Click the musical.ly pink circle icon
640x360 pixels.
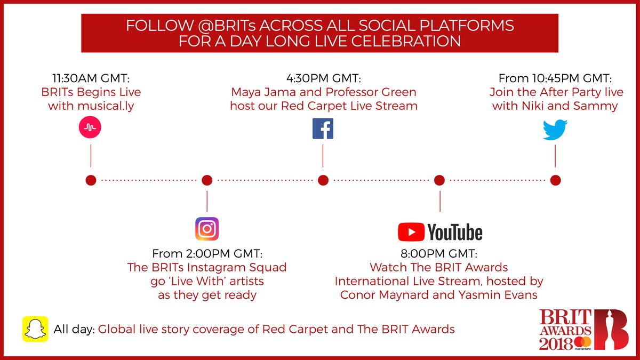[90, 127]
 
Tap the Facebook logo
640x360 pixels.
[323, 129]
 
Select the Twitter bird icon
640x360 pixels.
[555, 130]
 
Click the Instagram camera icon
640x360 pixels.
[207, 229]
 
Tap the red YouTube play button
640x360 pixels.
[411, 232]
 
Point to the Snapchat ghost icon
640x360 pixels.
[35, 329]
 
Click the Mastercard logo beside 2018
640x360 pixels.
[583, 343]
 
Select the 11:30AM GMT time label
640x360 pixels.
[91, 78]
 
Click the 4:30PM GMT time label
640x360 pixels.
[324, 78]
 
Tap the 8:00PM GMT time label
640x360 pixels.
[439, 253]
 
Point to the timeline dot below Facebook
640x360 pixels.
[323, 180]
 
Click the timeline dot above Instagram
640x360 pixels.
[207, 180]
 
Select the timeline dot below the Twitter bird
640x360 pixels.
[555, 180]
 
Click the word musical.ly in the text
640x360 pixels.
[106, 106]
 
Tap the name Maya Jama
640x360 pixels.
[263, 92]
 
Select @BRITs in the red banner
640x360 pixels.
[227, 26]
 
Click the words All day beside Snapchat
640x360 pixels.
[74, 330]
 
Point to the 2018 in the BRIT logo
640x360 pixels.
[556, 343]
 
